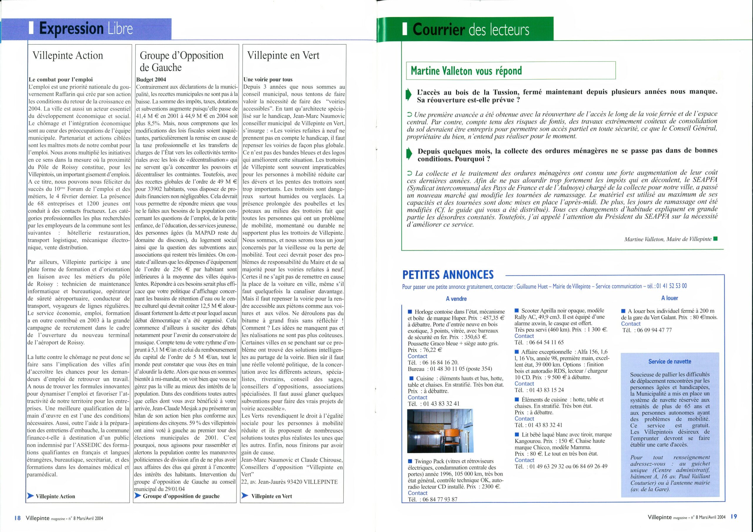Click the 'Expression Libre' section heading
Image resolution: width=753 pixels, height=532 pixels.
86,29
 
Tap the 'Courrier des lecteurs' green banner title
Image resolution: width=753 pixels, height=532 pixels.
471,29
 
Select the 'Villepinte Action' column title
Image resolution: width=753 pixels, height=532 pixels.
68,55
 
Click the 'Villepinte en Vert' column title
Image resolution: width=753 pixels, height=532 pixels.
283,55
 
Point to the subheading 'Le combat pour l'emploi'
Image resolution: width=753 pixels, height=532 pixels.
61,79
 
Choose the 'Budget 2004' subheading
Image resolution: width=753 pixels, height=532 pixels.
151,79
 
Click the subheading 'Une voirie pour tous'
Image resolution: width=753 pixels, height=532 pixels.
268,79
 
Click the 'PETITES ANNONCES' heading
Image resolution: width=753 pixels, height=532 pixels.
448,274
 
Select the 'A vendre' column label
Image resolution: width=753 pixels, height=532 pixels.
456,299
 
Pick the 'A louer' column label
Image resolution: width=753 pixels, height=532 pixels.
669,298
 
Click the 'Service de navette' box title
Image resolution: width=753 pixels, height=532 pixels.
670,362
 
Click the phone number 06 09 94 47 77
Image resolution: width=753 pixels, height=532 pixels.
650,330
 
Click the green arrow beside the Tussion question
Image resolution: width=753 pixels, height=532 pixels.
408,94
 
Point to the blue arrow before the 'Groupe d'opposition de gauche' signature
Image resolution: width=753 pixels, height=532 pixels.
138,496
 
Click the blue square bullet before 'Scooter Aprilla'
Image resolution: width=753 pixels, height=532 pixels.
517,310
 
